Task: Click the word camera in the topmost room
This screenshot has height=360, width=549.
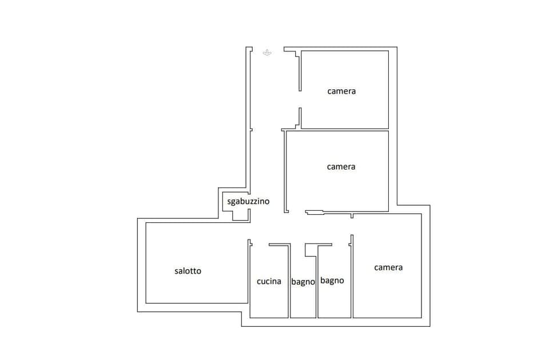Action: (x=341, y=91)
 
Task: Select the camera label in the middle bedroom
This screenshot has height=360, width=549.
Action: (x=341, y=167)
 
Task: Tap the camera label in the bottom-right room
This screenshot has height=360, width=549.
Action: (x=388, y=267)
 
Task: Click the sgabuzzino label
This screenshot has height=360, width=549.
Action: (x=248, y=201)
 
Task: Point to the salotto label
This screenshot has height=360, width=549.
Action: (x=188, y=271)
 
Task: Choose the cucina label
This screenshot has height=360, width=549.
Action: (x=269, y=281)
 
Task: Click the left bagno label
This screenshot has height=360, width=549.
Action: (x=303, y=282)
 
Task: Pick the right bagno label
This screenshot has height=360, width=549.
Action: (x=332, y=281)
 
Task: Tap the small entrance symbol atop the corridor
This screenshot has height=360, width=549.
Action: (x=266, y=53)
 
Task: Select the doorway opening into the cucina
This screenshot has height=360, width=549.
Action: (x=260, y=244)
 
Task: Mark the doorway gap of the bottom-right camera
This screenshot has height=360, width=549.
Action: (x=351, y=226)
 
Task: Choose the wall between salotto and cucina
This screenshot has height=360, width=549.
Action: (x=249, y=274)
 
